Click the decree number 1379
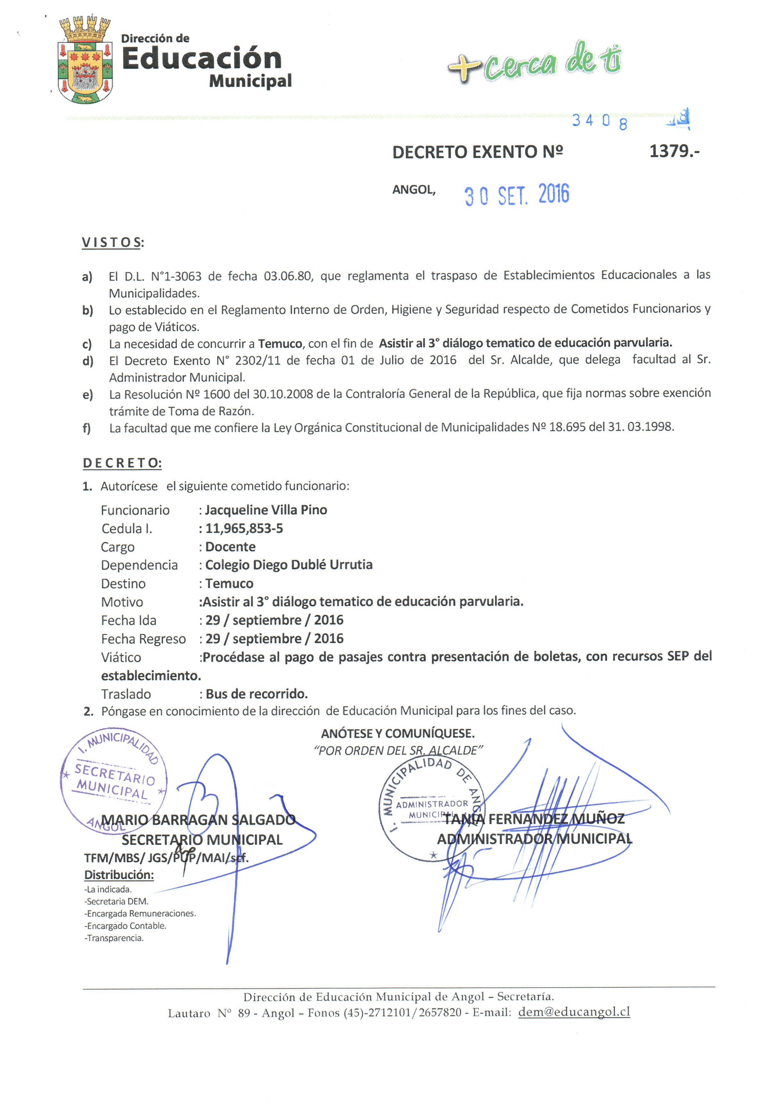(674, 151)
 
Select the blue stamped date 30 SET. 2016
(516, 195)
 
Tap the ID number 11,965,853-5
(243, 528)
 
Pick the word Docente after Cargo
(230, 547)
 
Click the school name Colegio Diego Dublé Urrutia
(288, 565)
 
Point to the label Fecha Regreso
(143, 639)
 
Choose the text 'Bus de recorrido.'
(256, 694)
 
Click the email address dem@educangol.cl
(574, 1011)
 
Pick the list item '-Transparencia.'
(114, 938)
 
